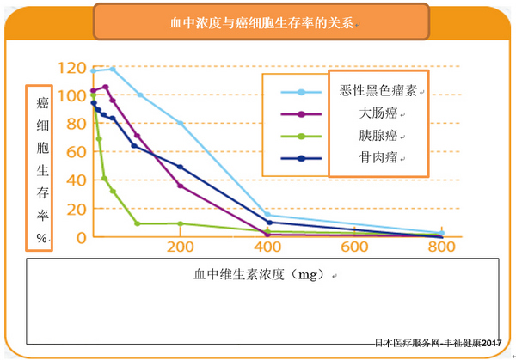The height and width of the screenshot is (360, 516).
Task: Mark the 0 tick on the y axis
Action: pyautogui.click(x=81, y=236)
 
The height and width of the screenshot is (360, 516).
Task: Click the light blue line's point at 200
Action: pyautogui.click(x=181, y=124)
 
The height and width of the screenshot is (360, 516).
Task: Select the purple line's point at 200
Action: pyautogui.click(x=181, y=186)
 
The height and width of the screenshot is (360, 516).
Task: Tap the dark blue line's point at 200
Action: pyautogui.click(x=181, y=167)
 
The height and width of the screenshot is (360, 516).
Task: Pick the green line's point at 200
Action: pyautogui.click(x=181, y=223)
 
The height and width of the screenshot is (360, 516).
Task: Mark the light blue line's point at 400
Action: pyautogui.click(x=268, y=215)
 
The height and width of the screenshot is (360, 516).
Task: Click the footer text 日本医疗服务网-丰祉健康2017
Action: pyautogui.click(x=438, y=344)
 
